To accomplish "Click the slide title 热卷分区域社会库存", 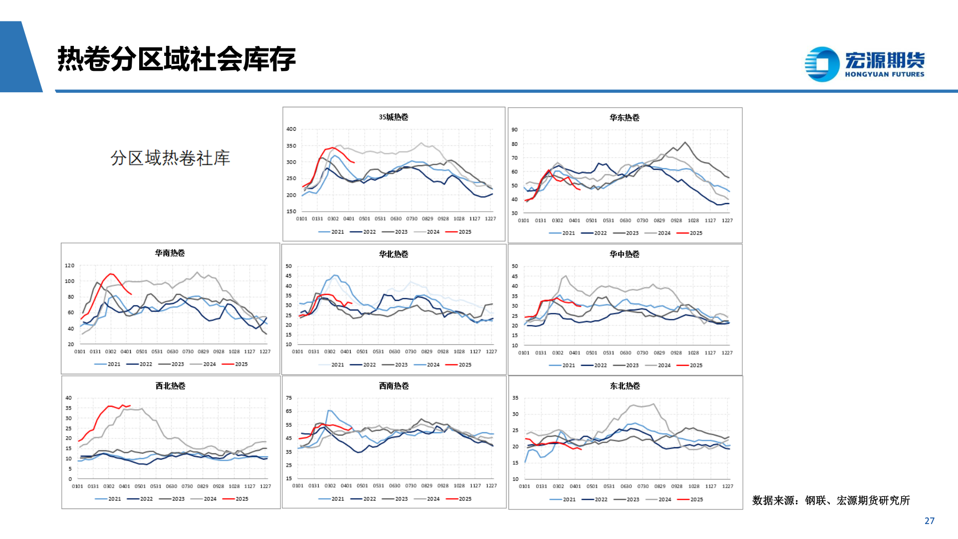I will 177,59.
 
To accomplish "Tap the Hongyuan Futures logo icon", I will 822,64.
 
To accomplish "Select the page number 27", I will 929,521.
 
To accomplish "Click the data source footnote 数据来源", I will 831,500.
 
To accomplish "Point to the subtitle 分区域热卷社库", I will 170,158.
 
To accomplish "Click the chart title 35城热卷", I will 393,117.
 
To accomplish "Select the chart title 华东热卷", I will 624,118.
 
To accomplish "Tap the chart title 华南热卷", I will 170,253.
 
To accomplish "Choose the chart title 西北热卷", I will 170,386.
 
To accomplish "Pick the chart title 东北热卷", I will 625,386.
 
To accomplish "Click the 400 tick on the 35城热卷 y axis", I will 291,129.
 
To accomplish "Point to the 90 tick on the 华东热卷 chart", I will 514,130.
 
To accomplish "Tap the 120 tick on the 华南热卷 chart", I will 69,266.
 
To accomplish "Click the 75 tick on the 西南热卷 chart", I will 288,398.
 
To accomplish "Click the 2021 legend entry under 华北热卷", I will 331,365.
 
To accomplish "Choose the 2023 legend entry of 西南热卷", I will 395,499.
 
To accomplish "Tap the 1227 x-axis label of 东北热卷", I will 727,486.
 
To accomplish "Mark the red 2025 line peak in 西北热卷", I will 123,405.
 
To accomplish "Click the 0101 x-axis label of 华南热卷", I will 80,352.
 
